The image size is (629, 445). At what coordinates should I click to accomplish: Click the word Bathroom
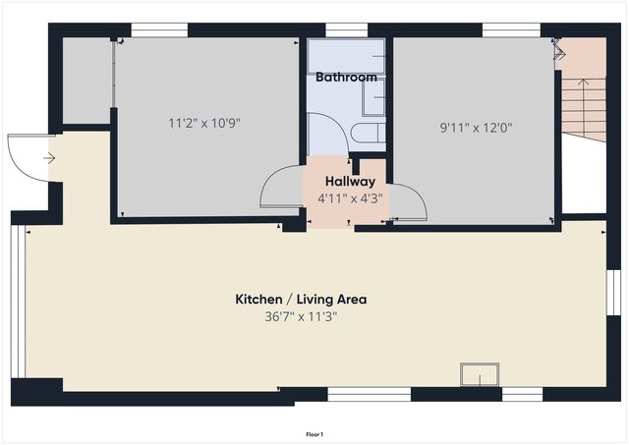346,77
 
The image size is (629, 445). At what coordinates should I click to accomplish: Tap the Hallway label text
349,182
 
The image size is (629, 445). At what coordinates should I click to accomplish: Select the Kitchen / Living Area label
300,300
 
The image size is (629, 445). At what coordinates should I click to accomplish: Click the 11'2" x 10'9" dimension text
204,124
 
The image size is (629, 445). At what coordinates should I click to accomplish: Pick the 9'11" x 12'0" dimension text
476,127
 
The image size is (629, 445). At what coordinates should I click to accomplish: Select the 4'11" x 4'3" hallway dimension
349,198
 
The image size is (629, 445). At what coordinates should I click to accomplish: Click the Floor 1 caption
314,433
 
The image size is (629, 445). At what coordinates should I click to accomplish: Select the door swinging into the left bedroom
279,187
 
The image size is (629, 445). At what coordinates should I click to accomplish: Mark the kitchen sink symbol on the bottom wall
480,374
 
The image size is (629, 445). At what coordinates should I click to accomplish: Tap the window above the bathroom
340,29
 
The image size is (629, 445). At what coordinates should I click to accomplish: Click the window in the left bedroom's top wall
159,29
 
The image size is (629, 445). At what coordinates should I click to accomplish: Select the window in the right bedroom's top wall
510,29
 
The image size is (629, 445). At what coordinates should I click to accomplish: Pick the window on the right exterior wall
611,292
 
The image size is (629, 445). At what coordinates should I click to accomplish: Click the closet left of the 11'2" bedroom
86,82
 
